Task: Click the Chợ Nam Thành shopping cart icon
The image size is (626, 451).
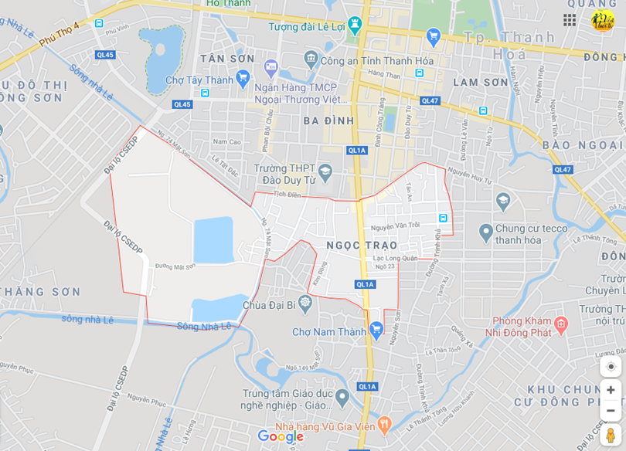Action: [376, 331]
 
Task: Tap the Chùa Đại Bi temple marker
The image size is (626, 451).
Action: [304, 301]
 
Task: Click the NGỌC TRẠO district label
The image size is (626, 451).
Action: [362, 245]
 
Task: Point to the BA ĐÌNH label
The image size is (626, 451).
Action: [328, 120]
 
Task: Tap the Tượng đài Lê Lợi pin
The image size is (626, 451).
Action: [355, 26]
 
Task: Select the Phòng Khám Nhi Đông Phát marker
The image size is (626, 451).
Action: [561, 324]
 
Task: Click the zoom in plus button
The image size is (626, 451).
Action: [611, 390]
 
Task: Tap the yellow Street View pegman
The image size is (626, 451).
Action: [611, 436]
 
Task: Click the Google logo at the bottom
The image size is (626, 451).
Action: [280, 436]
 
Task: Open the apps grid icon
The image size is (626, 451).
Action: [570, 20]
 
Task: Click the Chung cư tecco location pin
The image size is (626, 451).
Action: [485, 231]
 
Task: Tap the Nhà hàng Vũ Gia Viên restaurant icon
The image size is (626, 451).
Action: [384, 425]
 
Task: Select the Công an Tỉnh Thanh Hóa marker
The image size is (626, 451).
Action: [311, 59]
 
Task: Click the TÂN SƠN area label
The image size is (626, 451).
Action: [227, 59]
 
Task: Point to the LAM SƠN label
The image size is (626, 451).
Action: [480, 82]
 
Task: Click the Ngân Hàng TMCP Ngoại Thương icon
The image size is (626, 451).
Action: [270, 68]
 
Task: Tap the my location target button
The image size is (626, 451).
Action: [611, 366]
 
